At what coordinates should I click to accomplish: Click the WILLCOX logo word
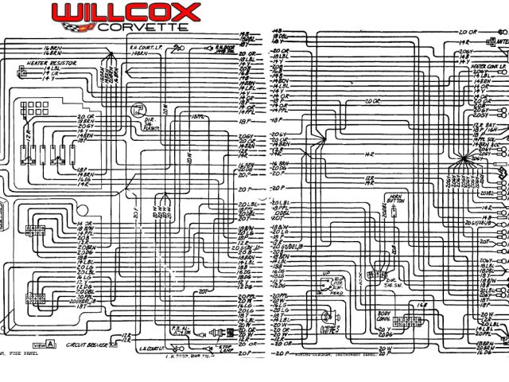pos(126,12)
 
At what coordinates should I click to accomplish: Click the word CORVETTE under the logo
pos(143,26)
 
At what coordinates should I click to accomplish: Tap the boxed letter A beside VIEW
pos(51,345)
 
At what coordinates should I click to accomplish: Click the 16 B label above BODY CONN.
pos(422,303)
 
